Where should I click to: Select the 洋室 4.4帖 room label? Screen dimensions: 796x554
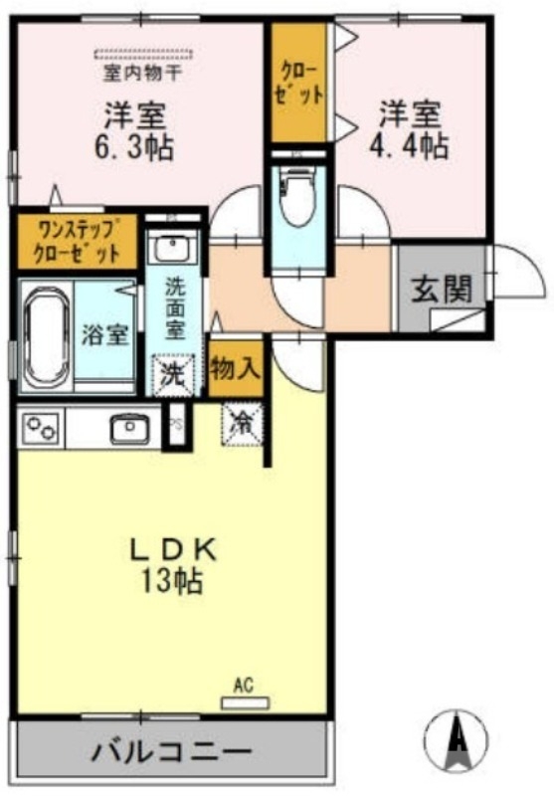(410, 129)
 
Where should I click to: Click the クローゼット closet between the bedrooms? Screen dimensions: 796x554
(300, 84)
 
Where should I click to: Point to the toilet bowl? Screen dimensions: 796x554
(297, 199)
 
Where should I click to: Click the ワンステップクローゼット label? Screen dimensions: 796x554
(77, 238)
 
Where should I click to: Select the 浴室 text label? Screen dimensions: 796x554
(104, 334)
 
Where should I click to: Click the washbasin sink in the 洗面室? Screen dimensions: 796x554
(174, 247)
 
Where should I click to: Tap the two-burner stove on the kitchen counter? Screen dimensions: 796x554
(43, 429)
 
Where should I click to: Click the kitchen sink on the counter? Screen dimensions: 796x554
(127, 429)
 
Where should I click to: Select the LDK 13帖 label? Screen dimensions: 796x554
(175, 565)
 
